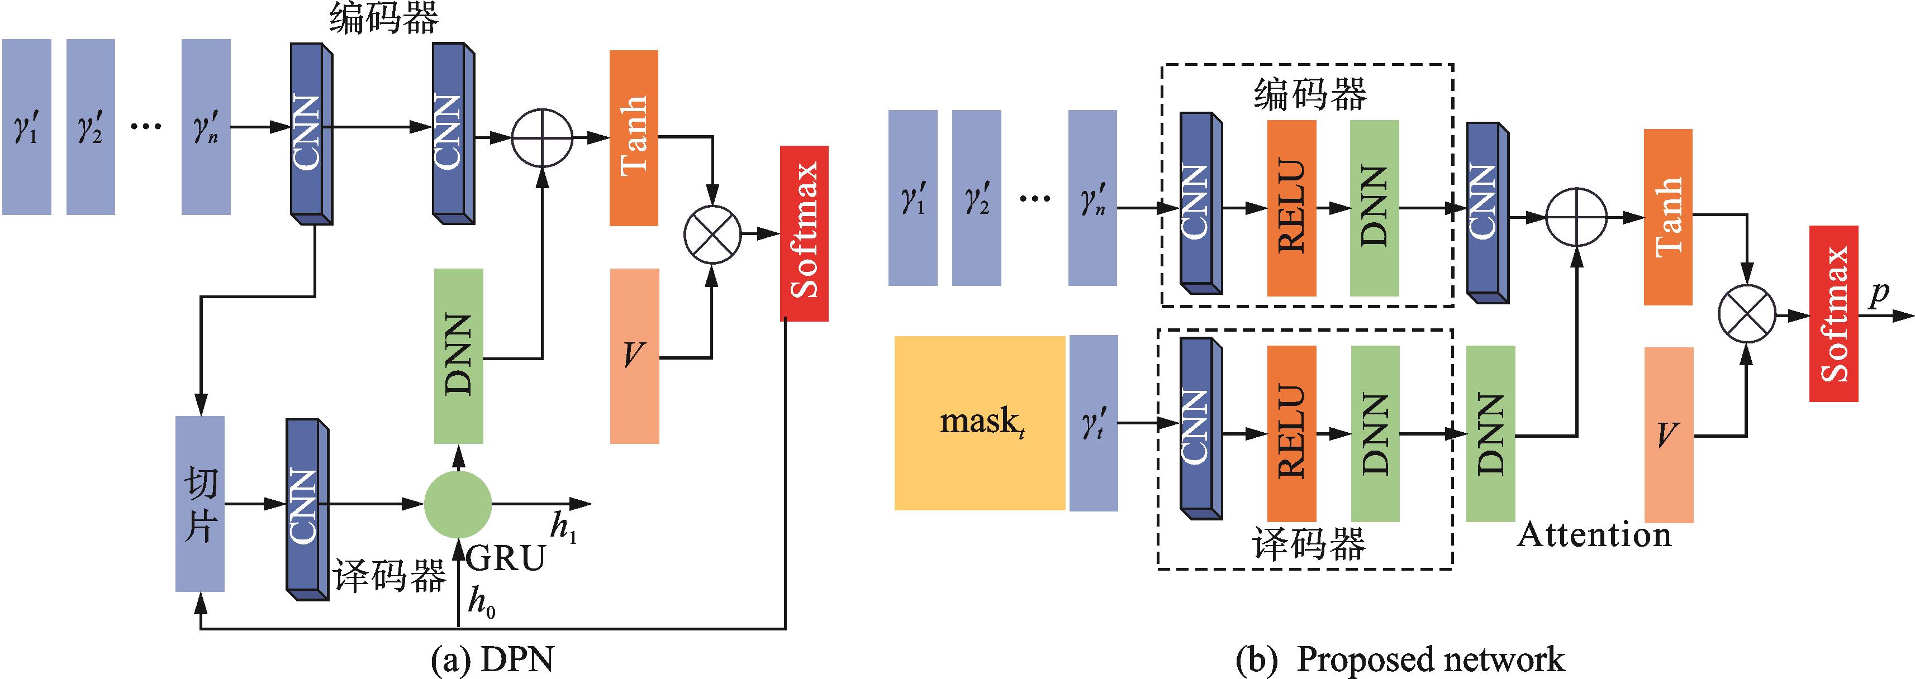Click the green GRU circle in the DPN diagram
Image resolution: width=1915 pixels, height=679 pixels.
[457, 504]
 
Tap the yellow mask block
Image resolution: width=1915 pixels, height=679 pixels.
[979, 423]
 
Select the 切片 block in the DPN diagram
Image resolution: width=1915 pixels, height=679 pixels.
[200, 504]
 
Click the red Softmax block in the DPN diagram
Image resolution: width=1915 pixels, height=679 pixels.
[804, 233]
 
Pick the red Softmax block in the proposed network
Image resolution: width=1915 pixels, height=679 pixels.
[1833, 313]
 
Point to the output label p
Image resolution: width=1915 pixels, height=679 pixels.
[1879, 295]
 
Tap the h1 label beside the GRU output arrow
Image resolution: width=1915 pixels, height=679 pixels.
[563, 529]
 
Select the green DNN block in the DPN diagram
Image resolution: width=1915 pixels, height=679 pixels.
[459, 356]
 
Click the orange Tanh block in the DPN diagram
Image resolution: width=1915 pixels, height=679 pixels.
[633, 137]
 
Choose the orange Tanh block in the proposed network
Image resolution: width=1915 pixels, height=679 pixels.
[1668, 217]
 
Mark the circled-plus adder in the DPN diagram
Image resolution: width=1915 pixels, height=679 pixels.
[542, 137]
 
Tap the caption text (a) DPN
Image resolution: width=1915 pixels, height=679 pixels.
[493, 658]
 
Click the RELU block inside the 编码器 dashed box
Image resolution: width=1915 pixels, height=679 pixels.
[1291, 208]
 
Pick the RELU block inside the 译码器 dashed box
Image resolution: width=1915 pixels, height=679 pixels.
[1291, 433]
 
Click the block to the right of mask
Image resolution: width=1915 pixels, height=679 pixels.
[1093, 423]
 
